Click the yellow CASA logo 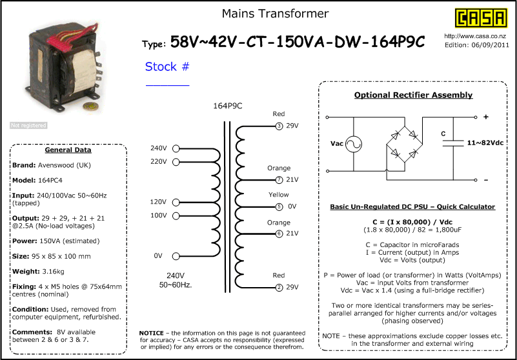[x=481, y=17]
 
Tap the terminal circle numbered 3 [x=279, y=126]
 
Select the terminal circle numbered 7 [x=279, y=180]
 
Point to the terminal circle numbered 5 [x=279, y=206]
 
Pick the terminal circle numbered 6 [x=279, y=234]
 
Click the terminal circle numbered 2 [x=279, y=288]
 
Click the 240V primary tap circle [x=176, y=148]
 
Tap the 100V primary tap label [x=158, y=215]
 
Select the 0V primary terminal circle [x=176, y=256]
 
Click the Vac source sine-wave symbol [x=354, y=144]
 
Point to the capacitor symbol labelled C [x=453, y=143]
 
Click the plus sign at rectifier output [x=485, y=117]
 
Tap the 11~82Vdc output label [x=485, y=143]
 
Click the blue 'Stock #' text [x=167, y=66]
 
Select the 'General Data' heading [x=68, y=150]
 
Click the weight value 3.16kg [x=53, y=272]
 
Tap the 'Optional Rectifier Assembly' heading [x=413, y=95]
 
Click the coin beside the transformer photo [x=89, y=106]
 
